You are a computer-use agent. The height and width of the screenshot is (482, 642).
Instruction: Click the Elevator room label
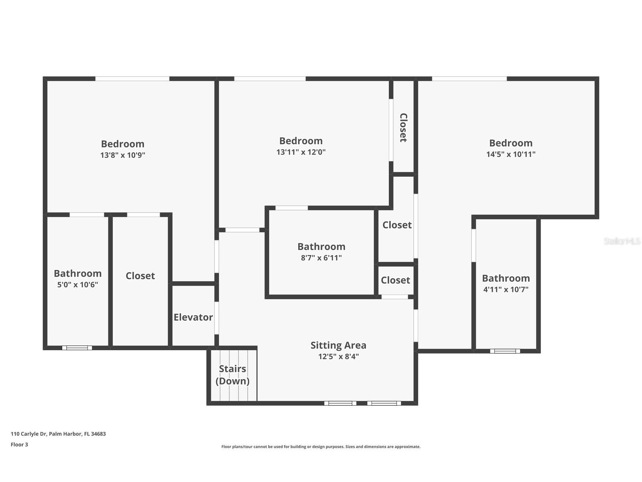click(x=193, y=317)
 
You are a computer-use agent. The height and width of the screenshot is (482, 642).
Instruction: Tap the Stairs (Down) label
click(x=232, y=374)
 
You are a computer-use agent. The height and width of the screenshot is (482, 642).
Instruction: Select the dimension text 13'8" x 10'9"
click(x=122, y=155)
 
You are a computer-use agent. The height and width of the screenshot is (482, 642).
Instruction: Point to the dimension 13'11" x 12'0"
click(x=301, y=152)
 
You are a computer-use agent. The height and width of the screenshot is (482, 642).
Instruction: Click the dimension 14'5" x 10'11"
click(x=511, y=154)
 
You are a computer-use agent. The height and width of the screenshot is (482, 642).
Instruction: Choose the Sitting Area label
click(x=338, y=345)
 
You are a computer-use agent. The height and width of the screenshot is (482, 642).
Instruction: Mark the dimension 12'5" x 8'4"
click(x=338, y=356)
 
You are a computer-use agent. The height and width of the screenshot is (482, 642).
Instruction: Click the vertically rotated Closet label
click(x=403, y=128)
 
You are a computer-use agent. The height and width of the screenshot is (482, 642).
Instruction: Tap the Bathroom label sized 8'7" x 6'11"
click(x=321, y=247)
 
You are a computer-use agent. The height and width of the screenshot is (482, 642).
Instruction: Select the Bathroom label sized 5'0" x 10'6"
click(x=77, y=274)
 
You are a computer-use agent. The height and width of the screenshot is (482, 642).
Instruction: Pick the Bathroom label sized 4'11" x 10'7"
click(x=506, y=278)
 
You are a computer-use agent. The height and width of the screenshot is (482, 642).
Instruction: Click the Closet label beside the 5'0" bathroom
click(x=140, y=276)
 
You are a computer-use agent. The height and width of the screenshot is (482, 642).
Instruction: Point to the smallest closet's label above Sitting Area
click(x=395, y=280)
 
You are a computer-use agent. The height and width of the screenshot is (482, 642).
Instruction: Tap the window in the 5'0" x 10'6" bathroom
click(x=77, y=348)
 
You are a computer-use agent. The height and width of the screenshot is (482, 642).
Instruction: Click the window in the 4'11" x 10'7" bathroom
click(x=505, y=351)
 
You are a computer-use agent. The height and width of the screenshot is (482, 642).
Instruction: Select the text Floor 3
click(x=19, y=445)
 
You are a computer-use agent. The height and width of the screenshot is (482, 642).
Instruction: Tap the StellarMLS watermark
click(x=622, y=241)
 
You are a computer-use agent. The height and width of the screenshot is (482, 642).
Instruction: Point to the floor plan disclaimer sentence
click(x=321, y=447)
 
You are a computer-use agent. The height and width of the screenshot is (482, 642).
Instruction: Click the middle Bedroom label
click(x=301, y=141)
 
